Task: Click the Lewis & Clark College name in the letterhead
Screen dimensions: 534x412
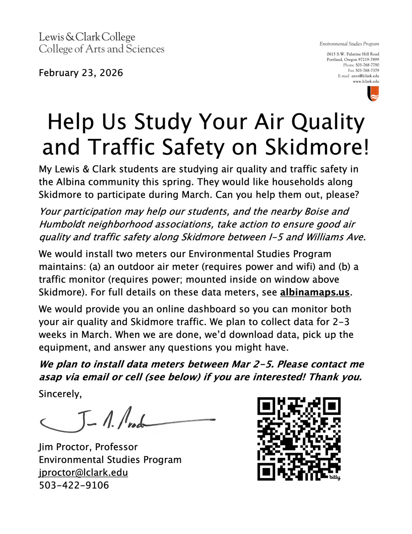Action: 87,37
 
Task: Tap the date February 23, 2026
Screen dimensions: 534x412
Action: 81,73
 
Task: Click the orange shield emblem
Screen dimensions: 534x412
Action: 373,94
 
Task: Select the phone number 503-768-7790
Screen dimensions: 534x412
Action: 367,65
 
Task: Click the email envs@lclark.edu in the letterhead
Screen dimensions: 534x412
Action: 365,76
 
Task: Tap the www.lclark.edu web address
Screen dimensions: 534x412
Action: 366,81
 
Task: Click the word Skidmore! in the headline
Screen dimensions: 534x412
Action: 317,147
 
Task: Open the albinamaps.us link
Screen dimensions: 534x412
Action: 315,292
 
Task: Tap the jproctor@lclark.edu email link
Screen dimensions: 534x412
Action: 83,473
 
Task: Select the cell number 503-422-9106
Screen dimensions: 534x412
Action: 74,485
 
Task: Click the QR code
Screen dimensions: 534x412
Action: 299,439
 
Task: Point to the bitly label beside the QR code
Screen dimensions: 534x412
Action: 335,477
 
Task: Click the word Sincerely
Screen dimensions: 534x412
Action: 60,394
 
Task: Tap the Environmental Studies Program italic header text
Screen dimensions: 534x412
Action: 349,44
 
